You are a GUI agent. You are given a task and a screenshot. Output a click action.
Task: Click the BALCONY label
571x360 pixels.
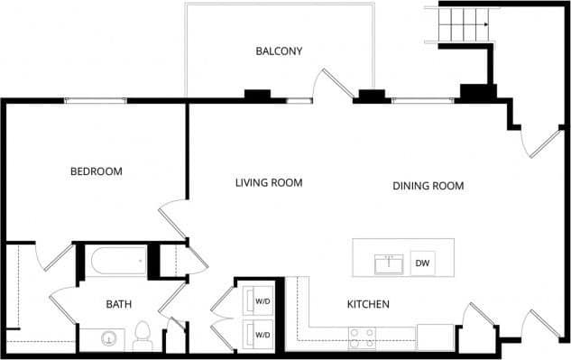pos(278,51)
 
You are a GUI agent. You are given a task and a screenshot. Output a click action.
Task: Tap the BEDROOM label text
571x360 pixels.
pos(97,171)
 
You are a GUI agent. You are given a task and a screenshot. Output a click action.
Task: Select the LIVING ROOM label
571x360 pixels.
pos(268,183)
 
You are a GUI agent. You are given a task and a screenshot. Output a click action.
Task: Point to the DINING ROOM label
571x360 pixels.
pos(428,187)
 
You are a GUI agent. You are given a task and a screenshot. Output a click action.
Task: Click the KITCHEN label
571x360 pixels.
pos(368,305)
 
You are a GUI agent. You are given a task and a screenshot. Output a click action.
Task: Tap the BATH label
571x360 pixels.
pos(119,305)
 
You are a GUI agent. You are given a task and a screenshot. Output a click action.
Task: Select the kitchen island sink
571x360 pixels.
pos(390,263)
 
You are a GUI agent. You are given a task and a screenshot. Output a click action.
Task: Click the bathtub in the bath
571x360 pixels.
pos(118,262)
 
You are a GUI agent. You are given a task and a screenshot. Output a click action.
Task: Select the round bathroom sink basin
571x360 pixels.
pos(109,339)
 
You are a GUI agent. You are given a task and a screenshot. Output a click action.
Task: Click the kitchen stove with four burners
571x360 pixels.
pos(362,337)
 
